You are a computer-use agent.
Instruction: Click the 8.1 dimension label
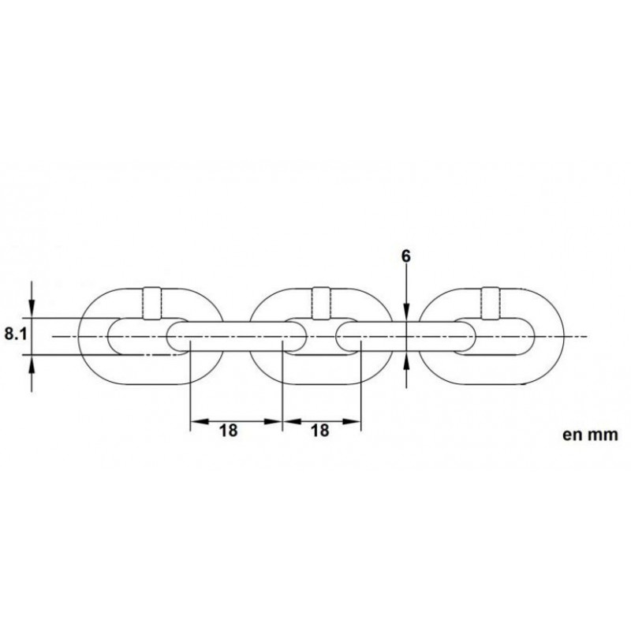pos(15,334)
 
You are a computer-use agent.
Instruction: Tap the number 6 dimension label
pos(406,257)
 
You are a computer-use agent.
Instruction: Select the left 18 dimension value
pos(228,431)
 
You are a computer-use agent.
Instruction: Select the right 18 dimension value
pos(320,431)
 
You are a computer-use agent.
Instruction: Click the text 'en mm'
pos(590,435)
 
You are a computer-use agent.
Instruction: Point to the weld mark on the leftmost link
pos(152,304)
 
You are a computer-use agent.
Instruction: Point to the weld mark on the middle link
pos(321,304)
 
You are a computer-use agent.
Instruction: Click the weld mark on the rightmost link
pos(491,304)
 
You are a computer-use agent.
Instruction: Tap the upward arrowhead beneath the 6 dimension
pos(406,360)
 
